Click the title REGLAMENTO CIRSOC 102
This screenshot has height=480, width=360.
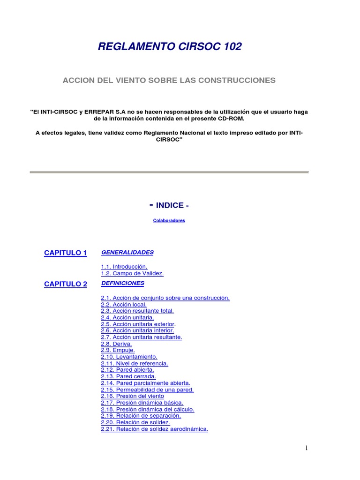coord(170,46)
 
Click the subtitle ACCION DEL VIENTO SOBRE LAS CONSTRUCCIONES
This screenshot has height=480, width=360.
coord(169,80)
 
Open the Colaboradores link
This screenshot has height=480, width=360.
coord(169,221)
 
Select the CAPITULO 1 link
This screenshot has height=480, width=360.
coord(66,253)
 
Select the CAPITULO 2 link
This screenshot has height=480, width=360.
coord(66,284)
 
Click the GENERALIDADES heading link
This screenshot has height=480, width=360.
coord(127,252)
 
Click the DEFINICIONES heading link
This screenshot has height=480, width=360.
coord(123,283)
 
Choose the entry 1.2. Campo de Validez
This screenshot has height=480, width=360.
coord(132,273)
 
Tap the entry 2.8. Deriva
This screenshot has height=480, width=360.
coord(116,344)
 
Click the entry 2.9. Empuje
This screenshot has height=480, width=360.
coord(118,350)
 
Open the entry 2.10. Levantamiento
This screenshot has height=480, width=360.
coord(129,357)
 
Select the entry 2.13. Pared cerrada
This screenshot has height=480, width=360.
coord(128,376)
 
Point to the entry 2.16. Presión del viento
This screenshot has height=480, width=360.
coord(133,396)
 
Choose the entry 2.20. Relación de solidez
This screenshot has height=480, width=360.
coord(135,422)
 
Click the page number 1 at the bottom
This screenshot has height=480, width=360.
coord(307,448)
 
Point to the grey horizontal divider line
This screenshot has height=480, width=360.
coord(169,172)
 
